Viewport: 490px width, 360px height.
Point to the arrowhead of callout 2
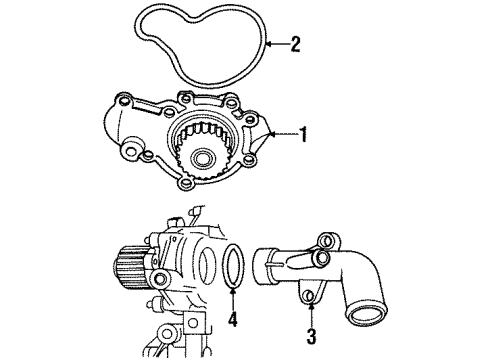coord(263,42)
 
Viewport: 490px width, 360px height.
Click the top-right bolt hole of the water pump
coord(233,102)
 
